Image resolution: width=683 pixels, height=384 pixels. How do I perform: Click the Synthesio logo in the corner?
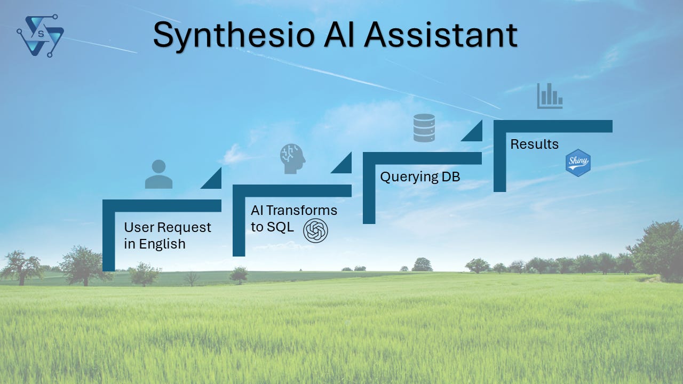(41, 36)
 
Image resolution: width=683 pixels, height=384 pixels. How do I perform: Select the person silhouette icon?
(158, 174)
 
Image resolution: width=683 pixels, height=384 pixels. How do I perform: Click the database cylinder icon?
(424, 128)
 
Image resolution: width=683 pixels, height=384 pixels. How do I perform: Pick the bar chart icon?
(550, 96)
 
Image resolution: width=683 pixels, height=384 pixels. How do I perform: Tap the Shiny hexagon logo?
(578, 163)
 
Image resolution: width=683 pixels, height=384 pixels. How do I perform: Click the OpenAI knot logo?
(315, 231)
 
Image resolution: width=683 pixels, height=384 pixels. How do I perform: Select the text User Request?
(168, 227)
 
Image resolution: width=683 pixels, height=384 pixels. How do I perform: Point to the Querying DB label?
(420, 177)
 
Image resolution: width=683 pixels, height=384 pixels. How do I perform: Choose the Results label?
(535, 144)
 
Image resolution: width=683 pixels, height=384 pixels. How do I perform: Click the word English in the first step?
(162, 244)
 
